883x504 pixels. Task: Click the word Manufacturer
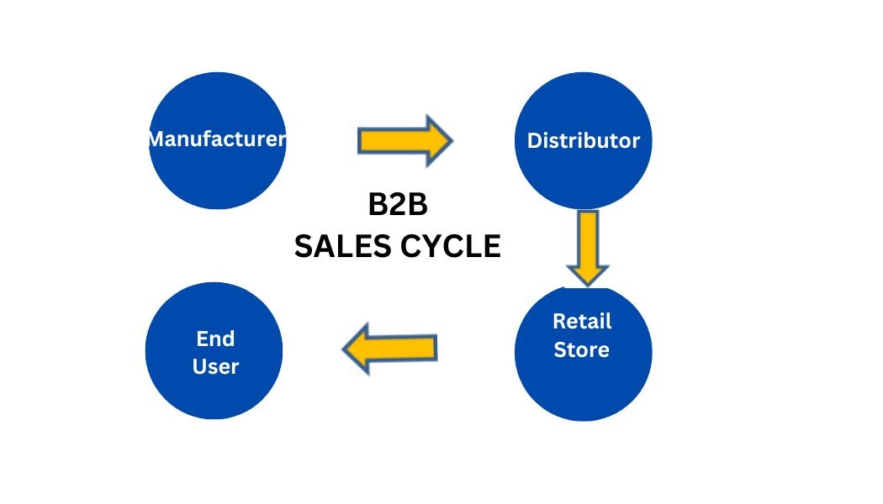tap(217, 139)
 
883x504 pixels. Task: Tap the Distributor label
tap(583, 140)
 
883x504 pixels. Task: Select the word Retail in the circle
tap(582, 321)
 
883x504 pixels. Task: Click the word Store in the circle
tap(581, 349)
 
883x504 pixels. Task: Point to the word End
tap(215, 339)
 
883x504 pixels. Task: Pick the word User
tap(215, 366)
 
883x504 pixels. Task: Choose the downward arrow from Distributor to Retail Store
tap(588, 247)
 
